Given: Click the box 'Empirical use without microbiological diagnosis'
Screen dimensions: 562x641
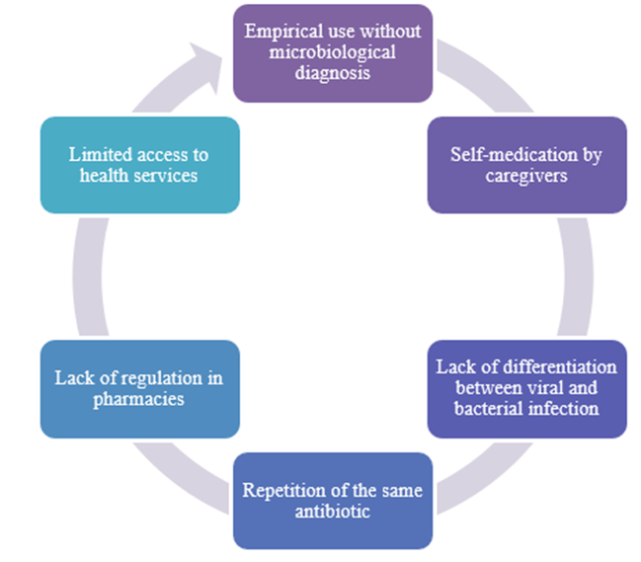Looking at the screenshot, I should (332, 52).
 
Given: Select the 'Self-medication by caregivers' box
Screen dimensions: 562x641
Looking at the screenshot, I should (526, 165).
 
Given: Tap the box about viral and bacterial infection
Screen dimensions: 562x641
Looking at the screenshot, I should (526, 388).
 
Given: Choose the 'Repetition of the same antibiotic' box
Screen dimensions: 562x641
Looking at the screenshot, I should (332, 501).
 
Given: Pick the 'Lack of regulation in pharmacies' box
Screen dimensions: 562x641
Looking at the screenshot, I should (139, 388).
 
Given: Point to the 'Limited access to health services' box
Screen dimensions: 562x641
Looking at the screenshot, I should (139, 165).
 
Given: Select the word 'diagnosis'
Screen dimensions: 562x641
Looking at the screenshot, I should (332, 72).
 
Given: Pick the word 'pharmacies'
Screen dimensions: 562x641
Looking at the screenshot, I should (139, 398).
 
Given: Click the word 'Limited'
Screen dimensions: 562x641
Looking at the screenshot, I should (98, 155).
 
